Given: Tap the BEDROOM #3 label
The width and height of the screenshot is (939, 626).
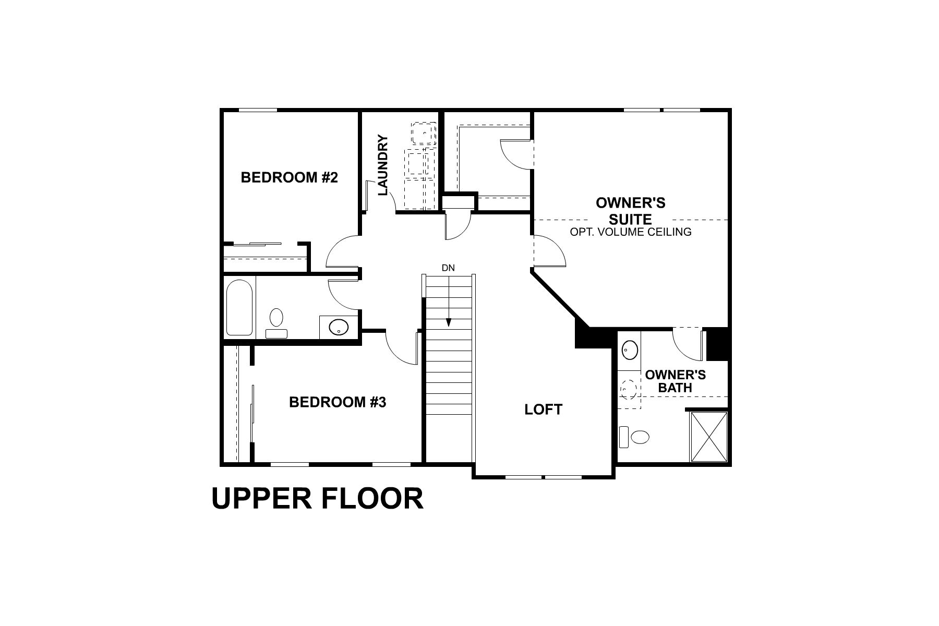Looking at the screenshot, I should pos(337,402).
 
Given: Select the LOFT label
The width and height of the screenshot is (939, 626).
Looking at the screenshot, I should pos(543,410).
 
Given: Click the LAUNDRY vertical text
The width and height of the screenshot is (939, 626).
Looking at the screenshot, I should pos(382,165).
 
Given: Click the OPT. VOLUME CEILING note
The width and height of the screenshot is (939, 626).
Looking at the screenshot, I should pos(630,232).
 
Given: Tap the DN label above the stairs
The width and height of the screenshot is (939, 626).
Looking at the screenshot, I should pos(448,268).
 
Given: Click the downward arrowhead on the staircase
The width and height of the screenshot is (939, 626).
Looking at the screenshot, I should pos(448,322).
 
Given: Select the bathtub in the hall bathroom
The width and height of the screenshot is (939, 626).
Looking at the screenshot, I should pos(239,308).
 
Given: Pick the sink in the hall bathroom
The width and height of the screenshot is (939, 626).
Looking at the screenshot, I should pos(338,327).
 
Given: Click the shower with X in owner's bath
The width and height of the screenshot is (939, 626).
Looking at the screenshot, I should pos(708,436).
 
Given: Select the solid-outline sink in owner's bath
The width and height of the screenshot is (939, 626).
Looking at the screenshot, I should pos(630,350).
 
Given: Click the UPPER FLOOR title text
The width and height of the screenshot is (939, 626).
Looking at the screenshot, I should pos(317,498).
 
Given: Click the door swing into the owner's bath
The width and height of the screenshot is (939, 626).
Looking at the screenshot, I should pos(688,345).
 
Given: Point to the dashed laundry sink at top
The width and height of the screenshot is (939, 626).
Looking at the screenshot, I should pos(424,134).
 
